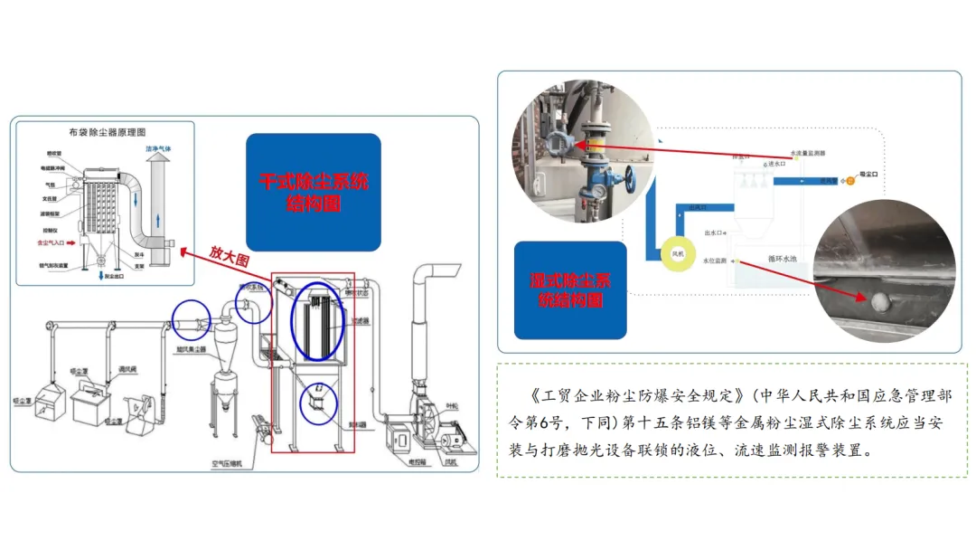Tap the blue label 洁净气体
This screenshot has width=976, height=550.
(x=158, y=147)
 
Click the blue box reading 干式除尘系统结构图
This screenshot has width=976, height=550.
(x=314, y=192)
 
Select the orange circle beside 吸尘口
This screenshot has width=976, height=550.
(x=849, y=181)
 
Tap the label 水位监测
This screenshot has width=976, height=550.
(x=714, y=261)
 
